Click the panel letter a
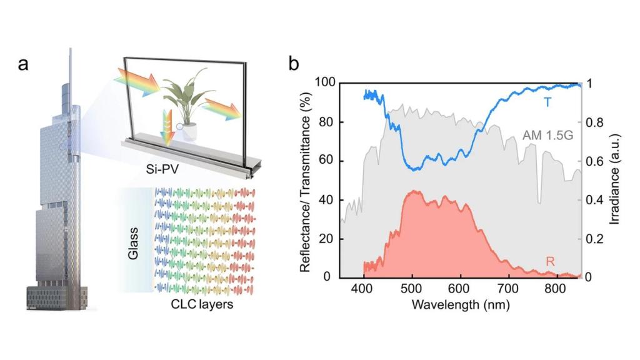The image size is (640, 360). pos(23,64)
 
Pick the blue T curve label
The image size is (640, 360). pos(547,102)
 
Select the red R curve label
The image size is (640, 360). pos(551,261)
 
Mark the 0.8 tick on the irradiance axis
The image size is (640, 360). pos(596,122)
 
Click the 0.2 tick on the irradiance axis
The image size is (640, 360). pos(596,239)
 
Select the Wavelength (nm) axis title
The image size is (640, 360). pos(461,306)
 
